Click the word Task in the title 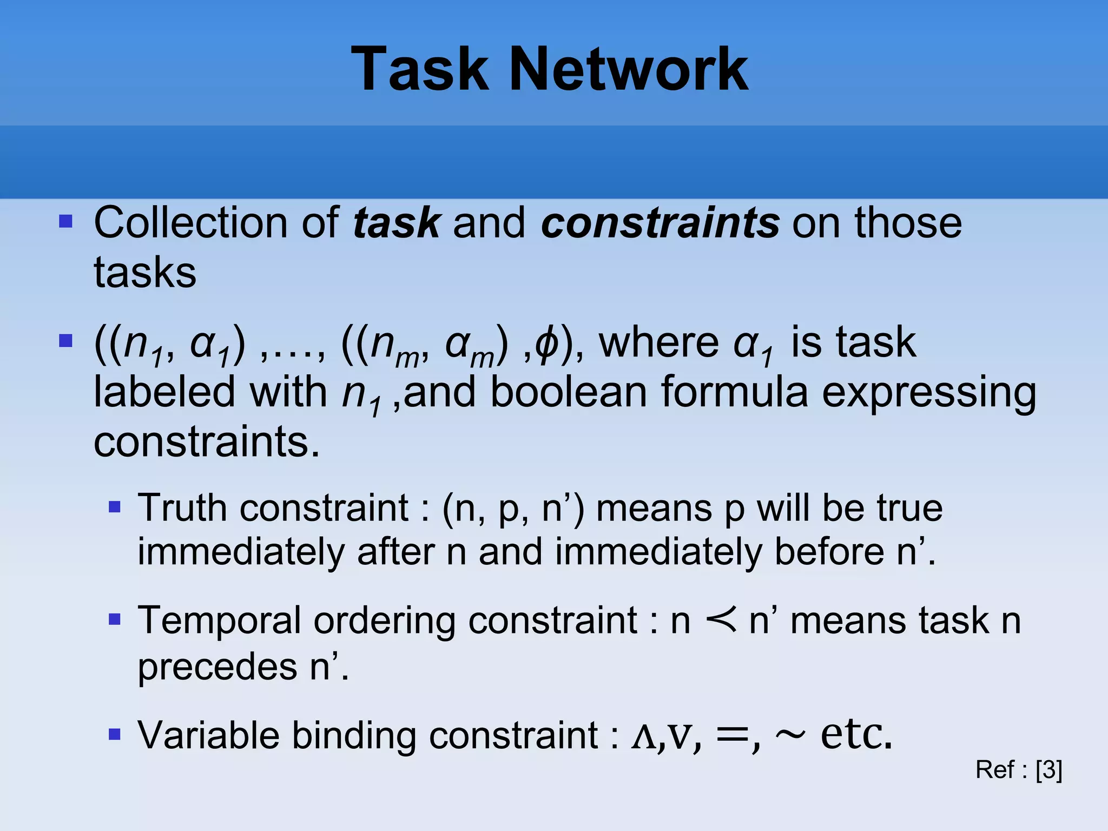pos(419,69)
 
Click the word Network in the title pos(629,69)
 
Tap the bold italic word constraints pos(660,223)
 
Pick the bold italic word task pos(397,223)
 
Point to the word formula pos(734,392)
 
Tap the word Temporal pos(219,621)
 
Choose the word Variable pos(208,735)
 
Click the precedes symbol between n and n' pos(721,620)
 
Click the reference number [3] pos(1049,769)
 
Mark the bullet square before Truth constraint pos(114,506)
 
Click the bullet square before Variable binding pos(114,734)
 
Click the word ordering pos(385,622)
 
